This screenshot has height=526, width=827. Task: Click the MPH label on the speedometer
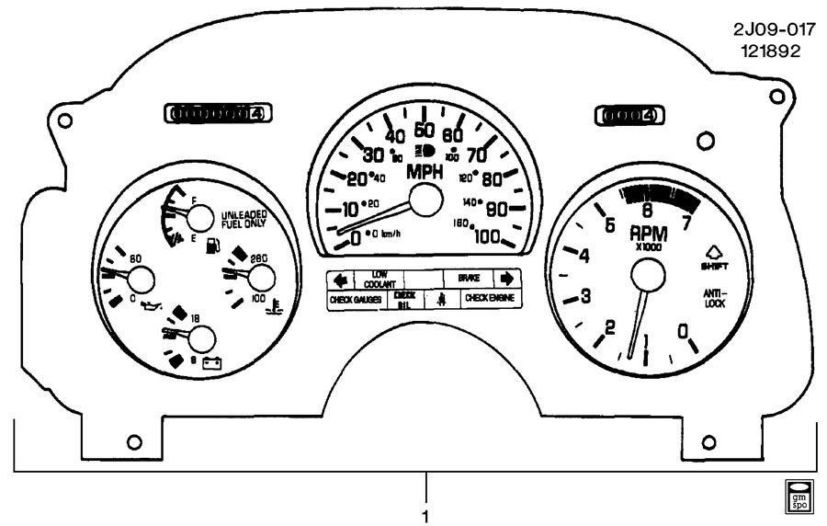tap(425, 172)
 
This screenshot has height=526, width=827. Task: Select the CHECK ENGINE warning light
tap(488, 299)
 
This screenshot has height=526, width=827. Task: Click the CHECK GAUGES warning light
tap(356, 300)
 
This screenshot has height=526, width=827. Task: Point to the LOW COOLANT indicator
tap(379, 278)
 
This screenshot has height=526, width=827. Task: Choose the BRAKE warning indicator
tap(470, 277)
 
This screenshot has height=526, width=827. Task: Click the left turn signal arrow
tap(339, 278)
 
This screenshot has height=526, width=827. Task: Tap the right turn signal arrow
tap(506, 278)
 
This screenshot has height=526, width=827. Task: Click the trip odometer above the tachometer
tap(627, 115)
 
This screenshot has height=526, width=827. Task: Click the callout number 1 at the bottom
tap(425, 515)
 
